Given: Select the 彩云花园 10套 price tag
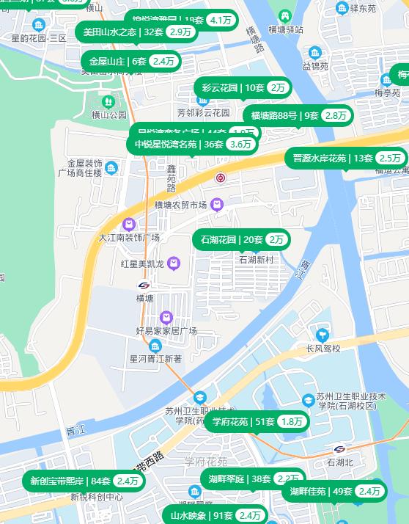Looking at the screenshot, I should [x=243, y=87].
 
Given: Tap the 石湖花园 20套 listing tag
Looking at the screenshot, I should [x=241, y=239].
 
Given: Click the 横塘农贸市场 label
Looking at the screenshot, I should [x=180, y=205].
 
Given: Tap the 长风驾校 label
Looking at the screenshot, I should [x=323, y=348].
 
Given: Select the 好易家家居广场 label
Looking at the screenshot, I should [x=166, y=331].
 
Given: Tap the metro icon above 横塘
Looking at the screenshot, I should [x=144, y=285].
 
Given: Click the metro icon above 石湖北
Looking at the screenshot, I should [x=340, y=449].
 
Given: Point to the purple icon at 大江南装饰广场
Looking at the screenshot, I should [x=130, y=224].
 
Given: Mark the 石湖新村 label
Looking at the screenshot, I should [x=256, y=260].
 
